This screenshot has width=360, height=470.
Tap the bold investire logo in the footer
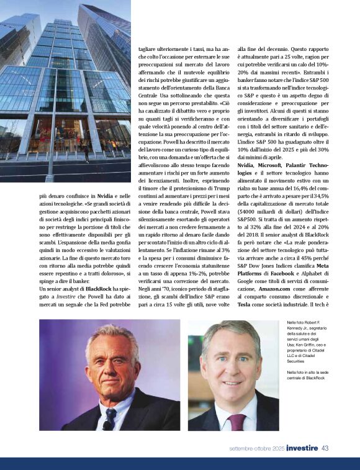pyautogui.click(x=302, y=448)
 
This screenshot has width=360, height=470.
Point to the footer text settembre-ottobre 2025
pyautogui.click(x=258, y=448)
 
